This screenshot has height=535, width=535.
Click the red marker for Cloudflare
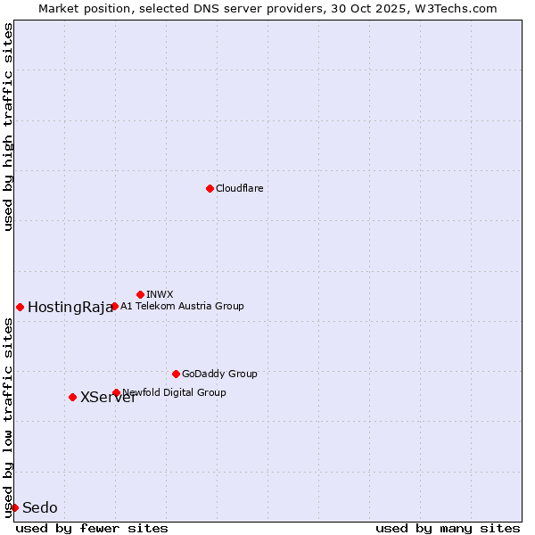210,188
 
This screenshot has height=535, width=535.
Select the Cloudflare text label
240,189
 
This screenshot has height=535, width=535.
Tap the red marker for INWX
140,294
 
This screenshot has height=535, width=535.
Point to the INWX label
160,295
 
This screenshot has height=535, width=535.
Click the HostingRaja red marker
20,307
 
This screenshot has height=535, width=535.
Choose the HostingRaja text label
70,308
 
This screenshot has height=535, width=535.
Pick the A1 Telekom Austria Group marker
114,307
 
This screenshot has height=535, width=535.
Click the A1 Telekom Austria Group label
182,307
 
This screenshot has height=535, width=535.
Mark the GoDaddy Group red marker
176,374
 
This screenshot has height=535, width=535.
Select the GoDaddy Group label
219,374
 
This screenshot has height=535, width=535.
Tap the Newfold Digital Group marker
116,392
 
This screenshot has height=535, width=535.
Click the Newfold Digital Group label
175,393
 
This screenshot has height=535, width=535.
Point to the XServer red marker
72,397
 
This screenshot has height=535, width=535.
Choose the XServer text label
108,398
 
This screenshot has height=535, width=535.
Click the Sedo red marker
14,507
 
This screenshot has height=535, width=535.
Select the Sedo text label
40,508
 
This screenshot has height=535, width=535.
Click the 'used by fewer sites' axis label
92,528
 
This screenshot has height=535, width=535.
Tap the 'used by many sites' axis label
448,528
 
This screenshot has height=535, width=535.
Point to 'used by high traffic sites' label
8,127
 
